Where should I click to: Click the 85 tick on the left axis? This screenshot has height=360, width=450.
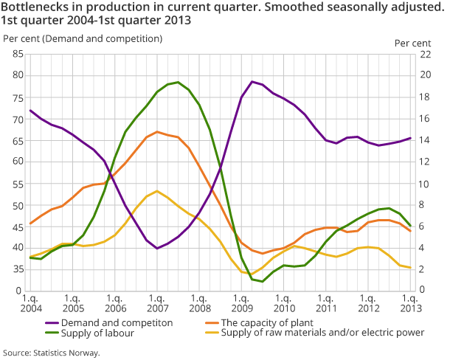tap(17, 54)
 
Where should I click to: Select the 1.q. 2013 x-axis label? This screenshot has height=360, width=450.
tap(410, 302)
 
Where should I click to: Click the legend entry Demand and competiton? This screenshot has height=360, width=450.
tap(118, 322)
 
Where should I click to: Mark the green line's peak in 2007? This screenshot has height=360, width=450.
tap(178, 82)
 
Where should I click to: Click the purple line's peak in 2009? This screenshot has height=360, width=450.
tap(252, 81)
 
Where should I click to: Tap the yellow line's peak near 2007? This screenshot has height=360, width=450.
tap(156, 191)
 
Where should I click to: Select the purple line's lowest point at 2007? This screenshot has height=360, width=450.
tap(156, 248)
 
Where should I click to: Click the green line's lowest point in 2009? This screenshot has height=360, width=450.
tap(263, 281)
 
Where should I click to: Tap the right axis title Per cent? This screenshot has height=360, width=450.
tap(412, 43)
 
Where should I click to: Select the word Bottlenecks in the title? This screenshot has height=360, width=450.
tap(35, 7)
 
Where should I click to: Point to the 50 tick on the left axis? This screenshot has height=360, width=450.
tap(17, 204)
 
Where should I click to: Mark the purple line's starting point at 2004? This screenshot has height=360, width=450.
tap(30, 111)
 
